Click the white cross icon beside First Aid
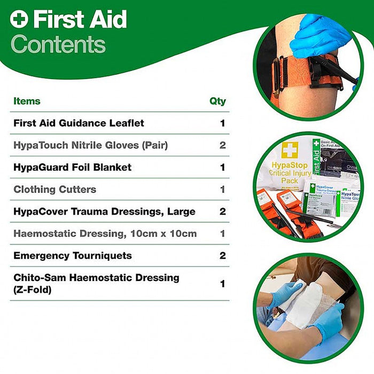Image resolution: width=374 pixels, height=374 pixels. [19, 20]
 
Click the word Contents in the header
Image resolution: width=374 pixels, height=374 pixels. [58, 44]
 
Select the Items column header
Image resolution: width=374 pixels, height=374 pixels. [27, 101]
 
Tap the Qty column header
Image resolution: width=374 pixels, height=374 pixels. [217, 101]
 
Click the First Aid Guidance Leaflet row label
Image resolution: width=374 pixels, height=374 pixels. [79, 123]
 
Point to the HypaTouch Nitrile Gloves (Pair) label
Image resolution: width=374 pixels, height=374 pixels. [90, 145]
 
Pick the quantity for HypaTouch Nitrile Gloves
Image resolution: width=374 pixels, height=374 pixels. [222, 145]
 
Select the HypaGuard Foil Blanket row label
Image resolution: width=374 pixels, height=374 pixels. [72, 167]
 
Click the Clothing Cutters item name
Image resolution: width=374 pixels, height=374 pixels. [54, 189]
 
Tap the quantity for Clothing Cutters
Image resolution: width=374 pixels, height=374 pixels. [222, 189]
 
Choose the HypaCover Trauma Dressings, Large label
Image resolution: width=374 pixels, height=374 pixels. [104, 212]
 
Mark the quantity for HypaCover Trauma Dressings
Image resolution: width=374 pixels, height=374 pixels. [222, 212]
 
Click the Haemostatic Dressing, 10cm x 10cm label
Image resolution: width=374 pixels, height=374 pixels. [105, 233]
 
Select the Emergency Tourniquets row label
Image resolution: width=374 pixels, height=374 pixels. [72, 255]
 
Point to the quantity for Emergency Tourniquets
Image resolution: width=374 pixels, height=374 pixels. [222, 255]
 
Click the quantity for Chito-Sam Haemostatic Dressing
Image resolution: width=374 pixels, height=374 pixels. [222, 284]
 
